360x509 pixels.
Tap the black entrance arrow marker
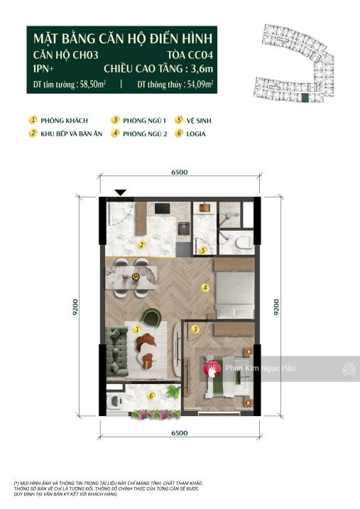coord(121,192)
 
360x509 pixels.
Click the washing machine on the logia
coord(115,400)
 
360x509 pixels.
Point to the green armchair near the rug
coord(151,317)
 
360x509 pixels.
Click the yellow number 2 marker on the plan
coord(141,245)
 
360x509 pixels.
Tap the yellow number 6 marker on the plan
coord(151,395)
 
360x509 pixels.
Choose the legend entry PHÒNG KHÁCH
coord(65,121)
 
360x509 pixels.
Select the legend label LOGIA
coord(196,133)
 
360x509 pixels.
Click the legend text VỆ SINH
coord(199,121)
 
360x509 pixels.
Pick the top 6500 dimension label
coord(180,172)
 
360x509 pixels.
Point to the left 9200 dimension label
coord(75,307)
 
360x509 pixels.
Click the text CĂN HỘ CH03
coord(65,55)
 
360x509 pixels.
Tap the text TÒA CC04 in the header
coord(190,55)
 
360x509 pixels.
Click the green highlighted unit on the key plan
coord(304,98)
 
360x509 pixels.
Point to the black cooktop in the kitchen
coord(163,208)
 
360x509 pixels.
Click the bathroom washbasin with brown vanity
coord(204,207)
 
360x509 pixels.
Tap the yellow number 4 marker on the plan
coord(204,288)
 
